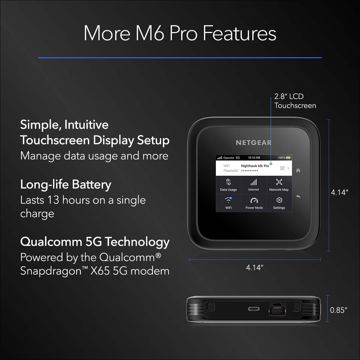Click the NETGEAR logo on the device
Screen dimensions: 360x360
[253, 143]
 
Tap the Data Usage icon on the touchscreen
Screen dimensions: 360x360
[228, 182]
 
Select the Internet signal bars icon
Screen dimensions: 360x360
[253, 182]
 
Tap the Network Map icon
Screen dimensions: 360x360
[279, 182]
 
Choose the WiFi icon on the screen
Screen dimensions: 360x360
[229, 200]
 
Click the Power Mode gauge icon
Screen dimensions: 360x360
[254, 200]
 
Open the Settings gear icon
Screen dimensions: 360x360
[279, 200]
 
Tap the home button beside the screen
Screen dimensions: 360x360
[298, 170]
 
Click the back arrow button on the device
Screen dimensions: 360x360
[298, 197]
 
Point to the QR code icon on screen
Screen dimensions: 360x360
[282, 168]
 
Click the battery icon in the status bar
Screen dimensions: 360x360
[288, 157]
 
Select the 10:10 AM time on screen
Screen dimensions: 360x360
[254, 157]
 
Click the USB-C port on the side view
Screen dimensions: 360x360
[253, 309]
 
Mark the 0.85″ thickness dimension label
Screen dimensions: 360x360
[339, 310]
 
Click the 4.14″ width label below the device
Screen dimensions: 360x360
[254, 268]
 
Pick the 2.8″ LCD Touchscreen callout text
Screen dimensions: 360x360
[295, 101]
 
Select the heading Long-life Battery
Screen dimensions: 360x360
[66, 184]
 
